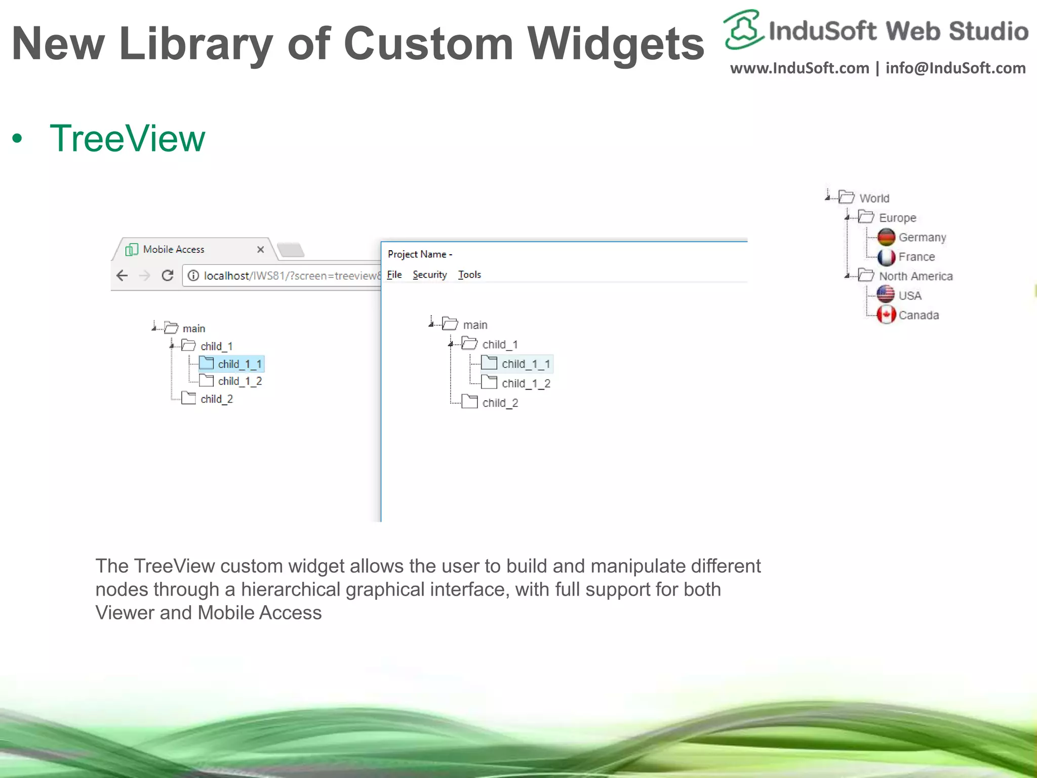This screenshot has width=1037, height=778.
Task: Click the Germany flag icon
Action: pyautogui.click(x=886, y=237)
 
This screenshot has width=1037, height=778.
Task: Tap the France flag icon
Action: pyautogui.click(x=886, y=257)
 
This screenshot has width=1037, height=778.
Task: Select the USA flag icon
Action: pyautogui.click(x=886, y=295)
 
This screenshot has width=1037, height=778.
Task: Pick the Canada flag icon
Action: pyautogui.click(x=886, y=315)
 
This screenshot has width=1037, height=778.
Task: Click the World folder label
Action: pyautogui.click(x=874, y=198)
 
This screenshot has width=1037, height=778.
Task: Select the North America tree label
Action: pyautogui.click(x=915, y=276)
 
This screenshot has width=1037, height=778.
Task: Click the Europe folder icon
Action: pyautogui.click(x=866, y=217)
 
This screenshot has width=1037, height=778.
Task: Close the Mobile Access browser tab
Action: pyautogui.click(x=260, y=249)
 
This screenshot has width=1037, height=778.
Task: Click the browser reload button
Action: pyautogui.click(x=168, y=276)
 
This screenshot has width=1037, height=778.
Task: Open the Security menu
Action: pyautogui.click(x=429, y=275)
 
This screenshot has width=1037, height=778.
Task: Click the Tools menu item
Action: pyautogui.click(x=469, y=275)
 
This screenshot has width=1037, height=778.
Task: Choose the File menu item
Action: pyautogui.click(x=394, y=275)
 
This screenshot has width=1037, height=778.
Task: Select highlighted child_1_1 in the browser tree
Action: pyautogui.click(x=239, y=364)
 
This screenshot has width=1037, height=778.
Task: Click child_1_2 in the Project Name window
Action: pyautogui.click(x=526, y=383)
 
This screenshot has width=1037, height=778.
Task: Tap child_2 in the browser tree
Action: pyautogui.click(x=216, y=399)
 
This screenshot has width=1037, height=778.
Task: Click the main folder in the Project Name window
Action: pyautogui.click(x=474, y=325)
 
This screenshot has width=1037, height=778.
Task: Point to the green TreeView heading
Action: pyautogui.click(x=127, y=138)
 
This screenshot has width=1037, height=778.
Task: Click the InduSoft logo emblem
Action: pyautogui.click(x=743, y=29)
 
